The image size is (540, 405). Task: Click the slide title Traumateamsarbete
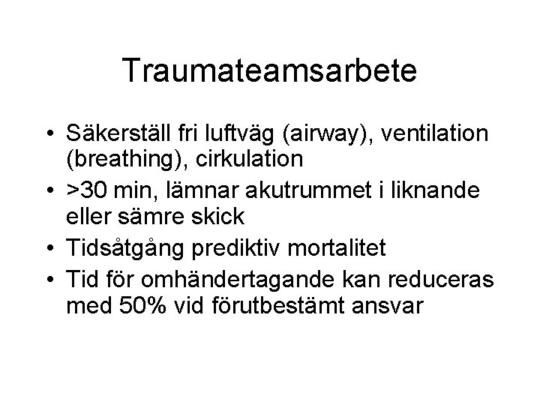click(x=270, y=71)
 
